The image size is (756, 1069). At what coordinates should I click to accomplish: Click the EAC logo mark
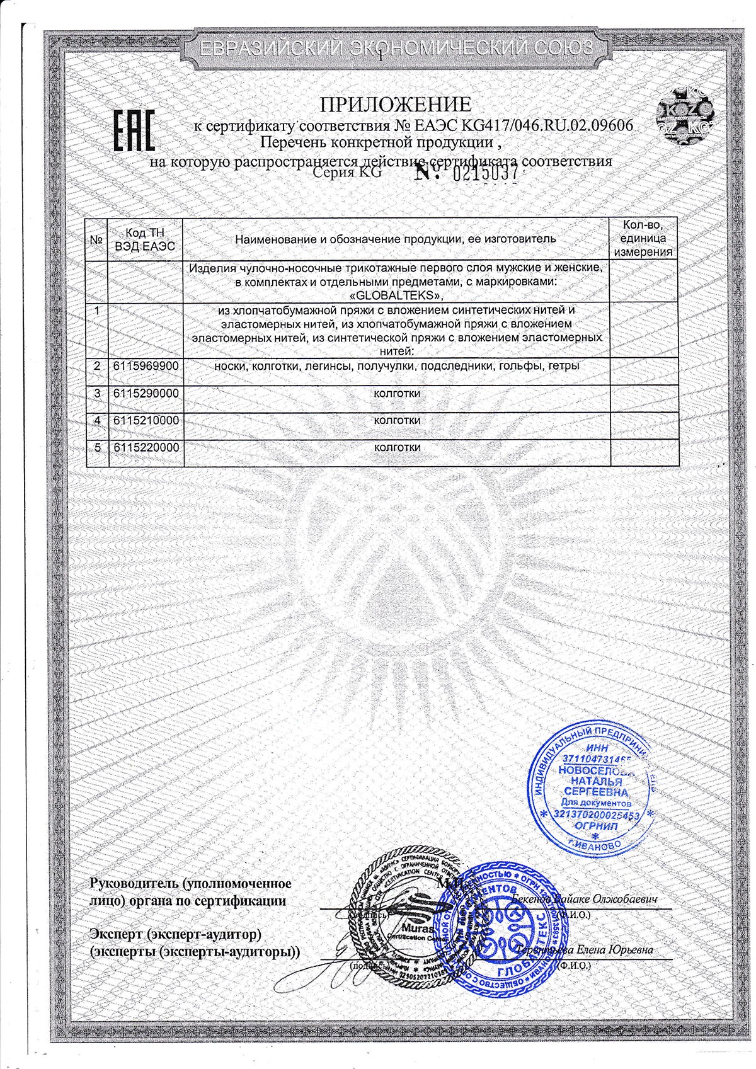tap(134, 130)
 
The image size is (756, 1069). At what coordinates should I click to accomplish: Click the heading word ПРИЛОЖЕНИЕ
tap(397, 104)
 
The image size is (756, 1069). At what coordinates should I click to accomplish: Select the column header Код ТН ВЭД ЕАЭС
tap(146, 239)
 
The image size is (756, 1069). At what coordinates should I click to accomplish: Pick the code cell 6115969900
tap(146, 366)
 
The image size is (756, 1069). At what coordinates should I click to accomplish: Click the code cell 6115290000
tap(146, 393)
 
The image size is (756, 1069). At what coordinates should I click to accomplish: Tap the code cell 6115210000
tap(146, 420)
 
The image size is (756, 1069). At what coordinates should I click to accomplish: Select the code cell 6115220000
tap(146, 447)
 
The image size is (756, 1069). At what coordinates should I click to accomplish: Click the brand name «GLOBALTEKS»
tap(396, 295)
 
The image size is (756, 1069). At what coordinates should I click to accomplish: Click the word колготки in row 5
tap(397, 447)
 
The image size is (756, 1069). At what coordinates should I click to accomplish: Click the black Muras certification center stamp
tap(403, 913)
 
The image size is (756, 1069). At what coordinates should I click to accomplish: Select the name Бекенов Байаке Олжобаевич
tap(585, 899)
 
